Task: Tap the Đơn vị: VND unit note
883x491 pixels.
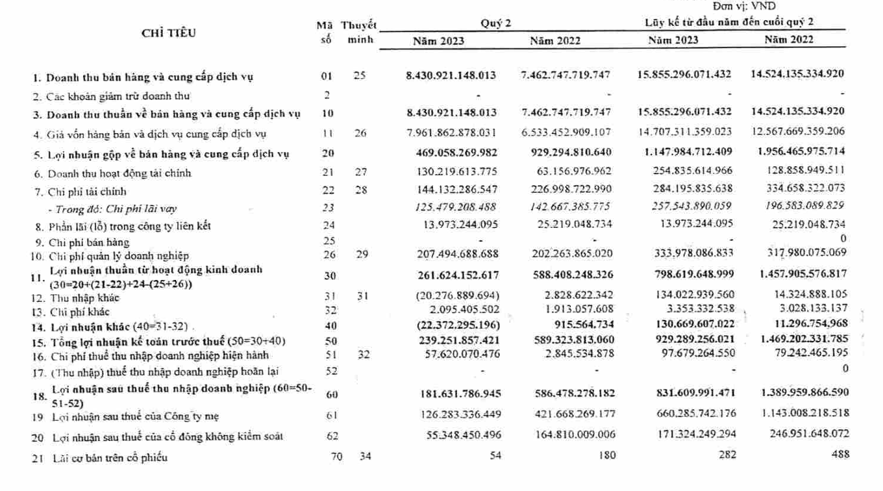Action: pyautogui.click(x=740, y=6)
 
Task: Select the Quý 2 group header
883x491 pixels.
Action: pyautogui.click(x=496, y=23)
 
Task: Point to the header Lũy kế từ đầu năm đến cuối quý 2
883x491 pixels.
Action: pyautogui.click(x=729, y=22)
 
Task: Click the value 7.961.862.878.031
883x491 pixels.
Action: pyautogui.click(x=451, y=133)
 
